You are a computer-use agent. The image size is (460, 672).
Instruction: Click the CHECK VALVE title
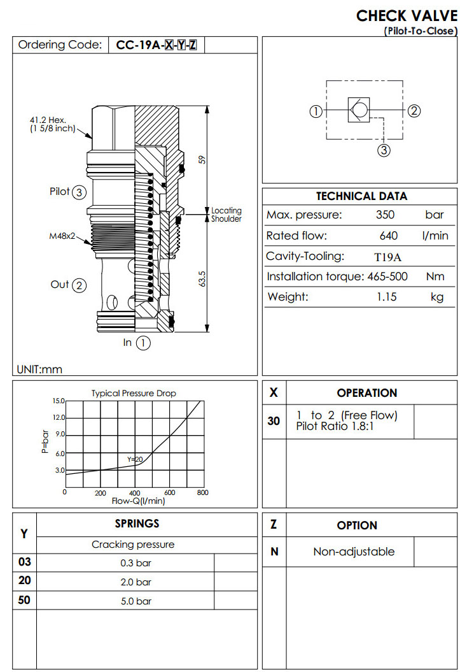[406, 15]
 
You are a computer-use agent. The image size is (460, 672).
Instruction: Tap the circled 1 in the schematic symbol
[315, 111]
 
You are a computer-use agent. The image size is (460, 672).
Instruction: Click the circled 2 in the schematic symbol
[414, 111]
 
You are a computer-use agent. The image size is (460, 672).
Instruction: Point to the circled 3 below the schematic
[384, 150]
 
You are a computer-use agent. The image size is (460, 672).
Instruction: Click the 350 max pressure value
[385, 215]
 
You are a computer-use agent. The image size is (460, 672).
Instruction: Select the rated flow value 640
[388, 236]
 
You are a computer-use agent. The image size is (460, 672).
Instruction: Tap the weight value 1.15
[387, 297]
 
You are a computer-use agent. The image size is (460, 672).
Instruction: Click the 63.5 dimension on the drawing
[202, 279]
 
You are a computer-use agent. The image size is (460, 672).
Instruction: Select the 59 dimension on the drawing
[202, 159]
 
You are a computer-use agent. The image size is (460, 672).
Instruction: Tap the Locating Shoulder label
[227, 215]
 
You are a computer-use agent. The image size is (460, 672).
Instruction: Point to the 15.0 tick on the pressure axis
[59, 401]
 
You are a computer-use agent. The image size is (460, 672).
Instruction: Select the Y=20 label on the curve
[134, 459]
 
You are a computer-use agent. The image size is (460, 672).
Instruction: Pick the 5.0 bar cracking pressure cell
[136, 601]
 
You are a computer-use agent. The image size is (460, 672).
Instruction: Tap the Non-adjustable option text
[354, 552]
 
